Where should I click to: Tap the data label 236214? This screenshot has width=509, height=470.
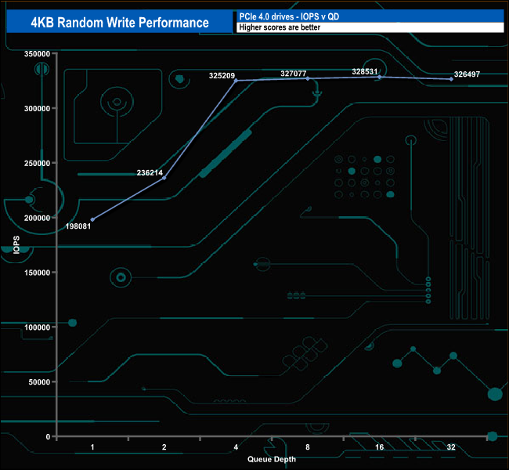pos(150,172)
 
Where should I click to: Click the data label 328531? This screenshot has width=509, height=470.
pos(365,71)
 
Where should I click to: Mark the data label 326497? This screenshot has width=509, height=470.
pos(467,75)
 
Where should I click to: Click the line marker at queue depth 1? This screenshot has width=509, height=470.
pos(92,219)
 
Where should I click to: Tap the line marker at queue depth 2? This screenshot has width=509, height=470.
pos(164,178)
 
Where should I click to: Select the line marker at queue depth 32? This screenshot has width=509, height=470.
pos(451,79)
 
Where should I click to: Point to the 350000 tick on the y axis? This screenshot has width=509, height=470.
pos(38,54)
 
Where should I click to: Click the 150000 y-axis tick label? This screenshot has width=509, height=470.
pos(38,273)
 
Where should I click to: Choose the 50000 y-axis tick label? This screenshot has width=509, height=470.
pos(40,382)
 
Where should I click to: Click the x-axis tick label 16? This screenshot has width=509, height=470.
pos(379,447)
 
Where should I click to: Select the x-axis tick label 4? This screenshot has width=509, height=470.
pos(236,447)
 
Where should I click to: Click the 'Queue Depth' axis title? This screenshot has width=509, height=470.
pos(272,459)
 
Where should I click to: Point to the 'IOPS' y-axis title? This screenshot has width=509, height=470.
pos(16,245)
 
